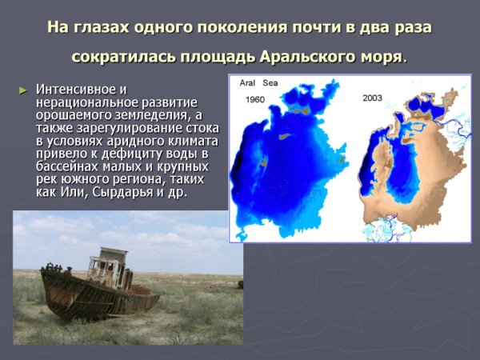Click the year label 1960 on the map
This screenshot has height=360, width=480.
click(x=255, y=100)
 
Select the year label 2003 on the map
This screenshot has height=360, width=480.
click(x=372, y=98)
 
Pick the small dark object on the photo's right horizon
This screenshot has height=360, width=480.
click(x=239, y=284)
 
